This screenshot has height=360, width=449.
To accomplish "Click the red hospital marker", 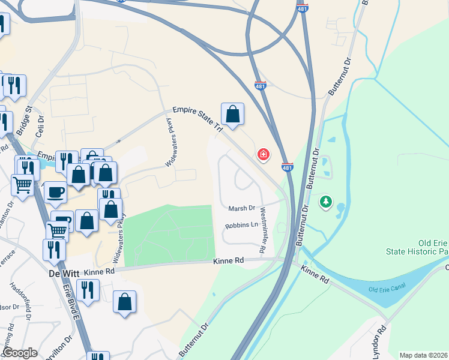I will (263, 155).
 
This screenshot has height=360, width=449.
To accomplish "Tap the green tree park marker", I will (326, 202).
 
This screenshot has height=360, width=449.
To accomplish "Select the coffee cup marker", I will (55, 192).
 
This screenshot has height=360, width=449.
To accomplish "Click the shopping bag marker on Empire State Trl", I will (232, 113).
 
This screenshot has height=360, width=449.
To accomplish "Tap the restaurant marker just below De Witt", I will (88, 290).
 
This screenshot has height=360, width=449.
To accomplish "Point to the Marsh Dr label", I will (242, 208).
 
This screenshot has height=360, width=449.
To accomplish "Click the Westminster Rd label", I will (262, 229).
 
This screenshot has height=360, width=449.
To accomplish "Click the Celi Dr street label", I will (41, 127).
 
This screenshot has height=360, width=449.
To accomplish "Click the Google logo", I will (20, 353).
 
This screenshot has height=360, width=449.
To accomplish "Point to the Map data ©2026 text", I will (423, 355).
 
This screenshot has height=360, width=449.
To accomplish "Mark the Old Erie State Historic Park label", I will (423, 251).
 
